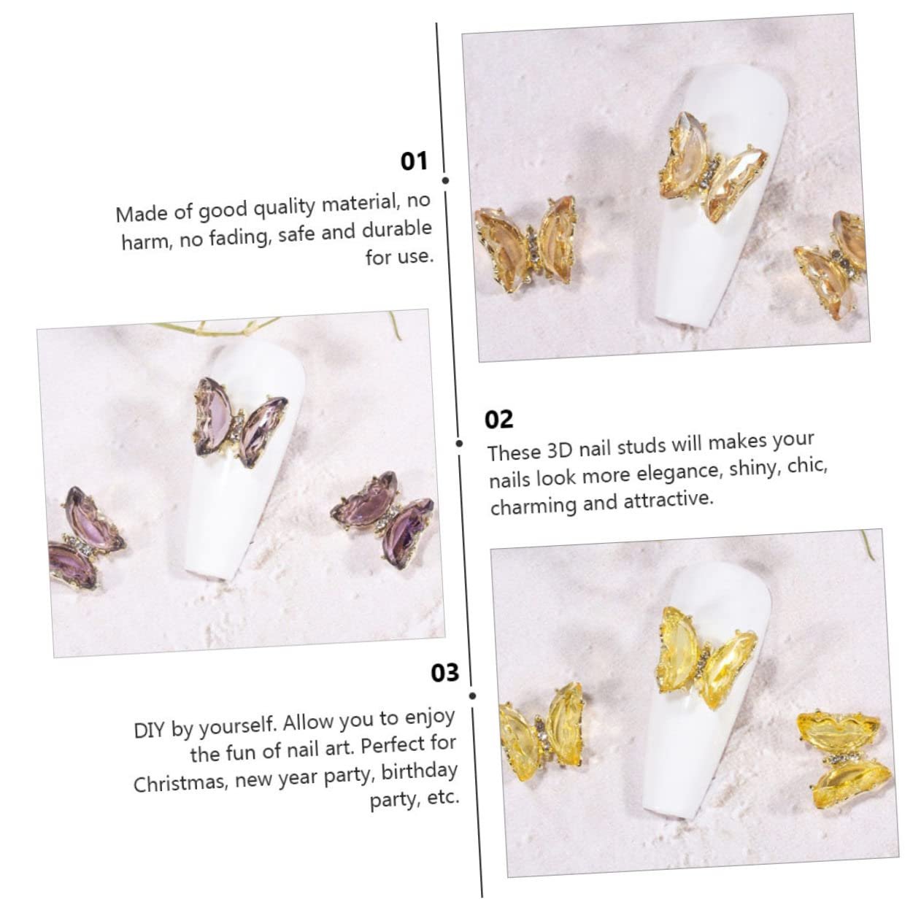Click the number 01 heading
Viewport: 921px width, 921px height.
coord(413,161)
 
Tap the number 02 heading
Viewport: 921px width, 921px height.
coord(498,419)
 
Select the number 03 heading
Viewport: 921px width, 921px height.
coord(444,672)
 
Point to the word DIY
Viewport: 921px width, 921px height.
coord(150,730)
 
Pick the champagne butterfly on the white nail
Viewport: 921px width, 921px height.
coord(712,166)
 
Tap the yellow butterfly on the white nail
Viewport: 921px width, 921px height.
coord(706,658)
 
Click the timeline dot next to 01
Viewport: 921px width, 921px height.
coord(445,181)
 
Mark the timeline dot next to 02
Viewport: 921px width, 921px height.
coord(459,444)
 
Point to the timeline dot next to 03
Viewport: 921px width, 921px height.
coord(473,696)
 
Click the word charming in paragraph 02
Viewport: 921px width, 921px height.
coord(533,506)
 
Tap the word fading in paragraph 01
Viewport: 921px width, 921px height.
coord(242,237)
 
